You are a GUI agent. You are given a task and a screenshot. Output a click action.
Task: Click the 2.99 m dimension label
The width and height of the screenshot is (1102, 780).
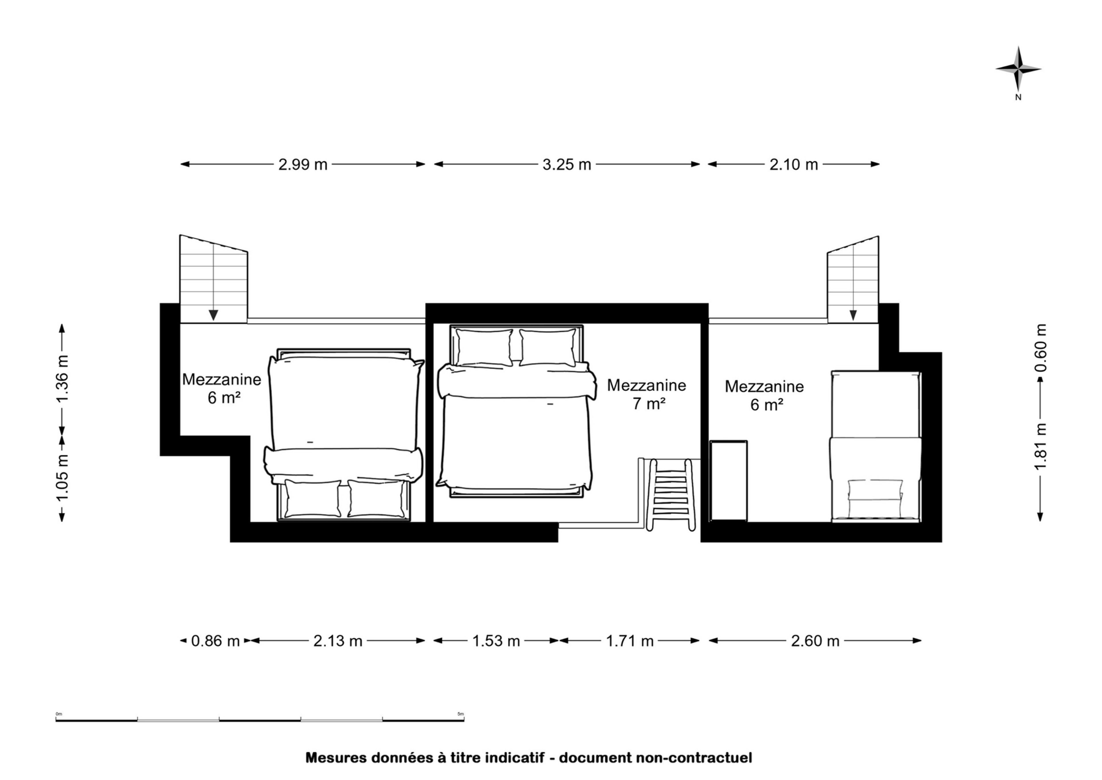[x=303, y=165]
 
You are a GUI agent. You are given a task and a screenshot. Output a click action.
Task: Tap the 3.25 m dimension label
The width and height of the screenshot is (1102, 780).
[x=566, y=165]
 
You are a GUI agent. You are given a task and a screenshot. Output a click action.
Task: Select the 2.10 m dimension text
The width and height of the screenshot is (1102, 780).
[x=794, y=165]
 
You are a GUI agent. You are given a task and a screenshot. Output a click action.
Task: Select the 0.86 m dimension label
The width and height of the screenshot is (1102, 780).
[x=215, y=641]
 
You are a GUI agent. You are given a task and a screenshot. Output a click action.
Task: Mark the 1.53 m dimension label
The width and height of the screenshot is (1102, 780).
[x=496, y=641]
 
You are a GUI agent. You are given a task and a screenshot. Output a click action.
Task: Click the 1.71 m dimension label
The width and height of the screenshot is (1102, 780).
[x=630, y=641]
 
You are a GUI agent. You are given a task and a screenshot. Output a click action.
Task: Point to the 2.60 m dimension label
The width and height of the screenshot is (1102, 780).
[x=815, y=641]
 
